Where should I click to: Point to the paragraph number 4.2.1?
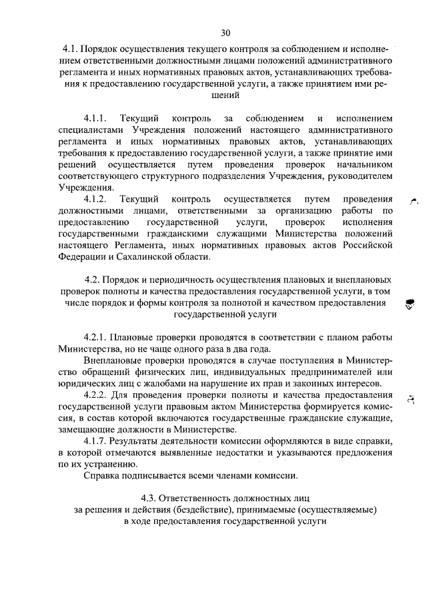tap(97, 335)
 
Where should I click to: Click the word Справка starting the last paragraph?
tap(101, 476)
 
